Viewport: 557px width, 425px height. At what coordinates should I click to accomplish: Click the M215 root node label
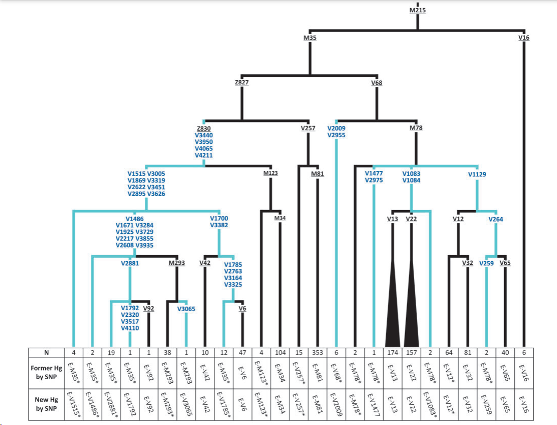pos(417,10)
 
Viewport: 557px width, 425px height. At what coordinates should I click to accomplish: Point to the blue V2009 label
pos(336,129)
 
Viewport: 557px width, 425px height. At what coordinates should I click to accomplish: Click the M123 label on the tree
pos(270,173)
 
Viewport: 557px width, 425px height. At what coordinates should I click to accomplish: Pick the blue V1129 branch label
pos(477,174)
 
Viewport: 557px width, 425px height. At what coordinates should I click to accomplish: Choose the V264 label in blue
pos(496,219)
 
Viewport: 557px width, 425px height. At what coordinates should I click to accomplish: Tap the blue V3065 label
pos(186,309)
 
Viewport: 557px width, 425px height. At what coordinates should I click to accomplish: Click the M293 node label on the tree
pos(176,263)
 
